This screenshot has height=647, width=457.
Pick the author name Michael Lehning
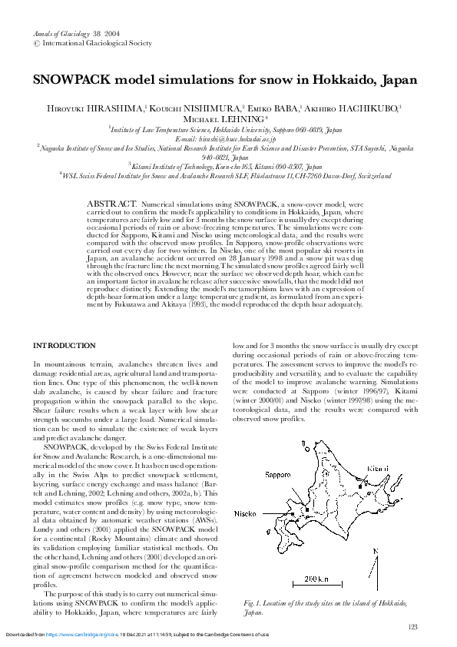coord(224,120)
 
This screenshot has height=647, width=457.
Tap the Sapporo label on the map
coord(279,475)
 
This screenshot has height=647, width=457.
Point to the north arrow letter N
coord(375,552)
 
